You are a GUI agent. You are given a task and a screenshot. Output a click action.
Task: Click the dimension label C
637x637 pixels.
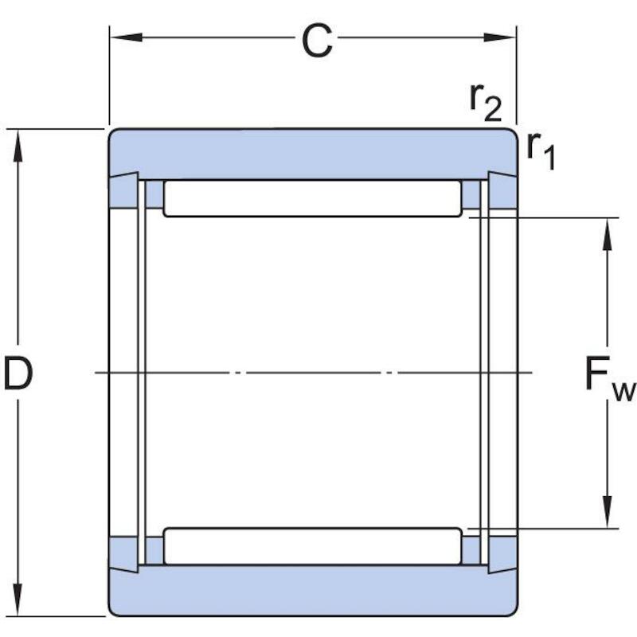317,41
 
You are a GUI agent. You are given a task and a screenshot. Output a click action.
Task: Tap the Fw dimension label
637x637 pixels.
610,377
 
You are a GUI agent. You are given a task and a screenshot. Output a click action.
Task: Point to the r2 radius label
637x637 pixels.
486,103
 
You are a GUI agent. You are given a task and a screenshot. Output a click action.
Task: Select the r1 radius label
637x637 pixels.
541,150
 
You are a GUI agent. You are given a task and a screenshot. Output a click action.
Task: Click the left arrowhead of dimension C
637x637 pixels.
126,37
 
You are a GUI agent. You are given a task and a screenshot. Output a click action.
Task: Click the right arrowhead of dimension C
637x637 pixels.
499,37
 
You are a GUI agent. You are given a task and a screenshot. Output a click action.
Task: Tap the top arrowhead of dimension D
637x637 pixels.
18,146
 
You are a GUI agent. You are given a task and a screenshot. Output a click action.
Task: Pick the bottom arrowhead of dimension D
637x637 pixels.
18,600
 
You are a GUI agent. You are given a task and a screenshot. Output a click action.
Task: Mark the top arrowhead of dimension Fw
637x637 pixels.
608,234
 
